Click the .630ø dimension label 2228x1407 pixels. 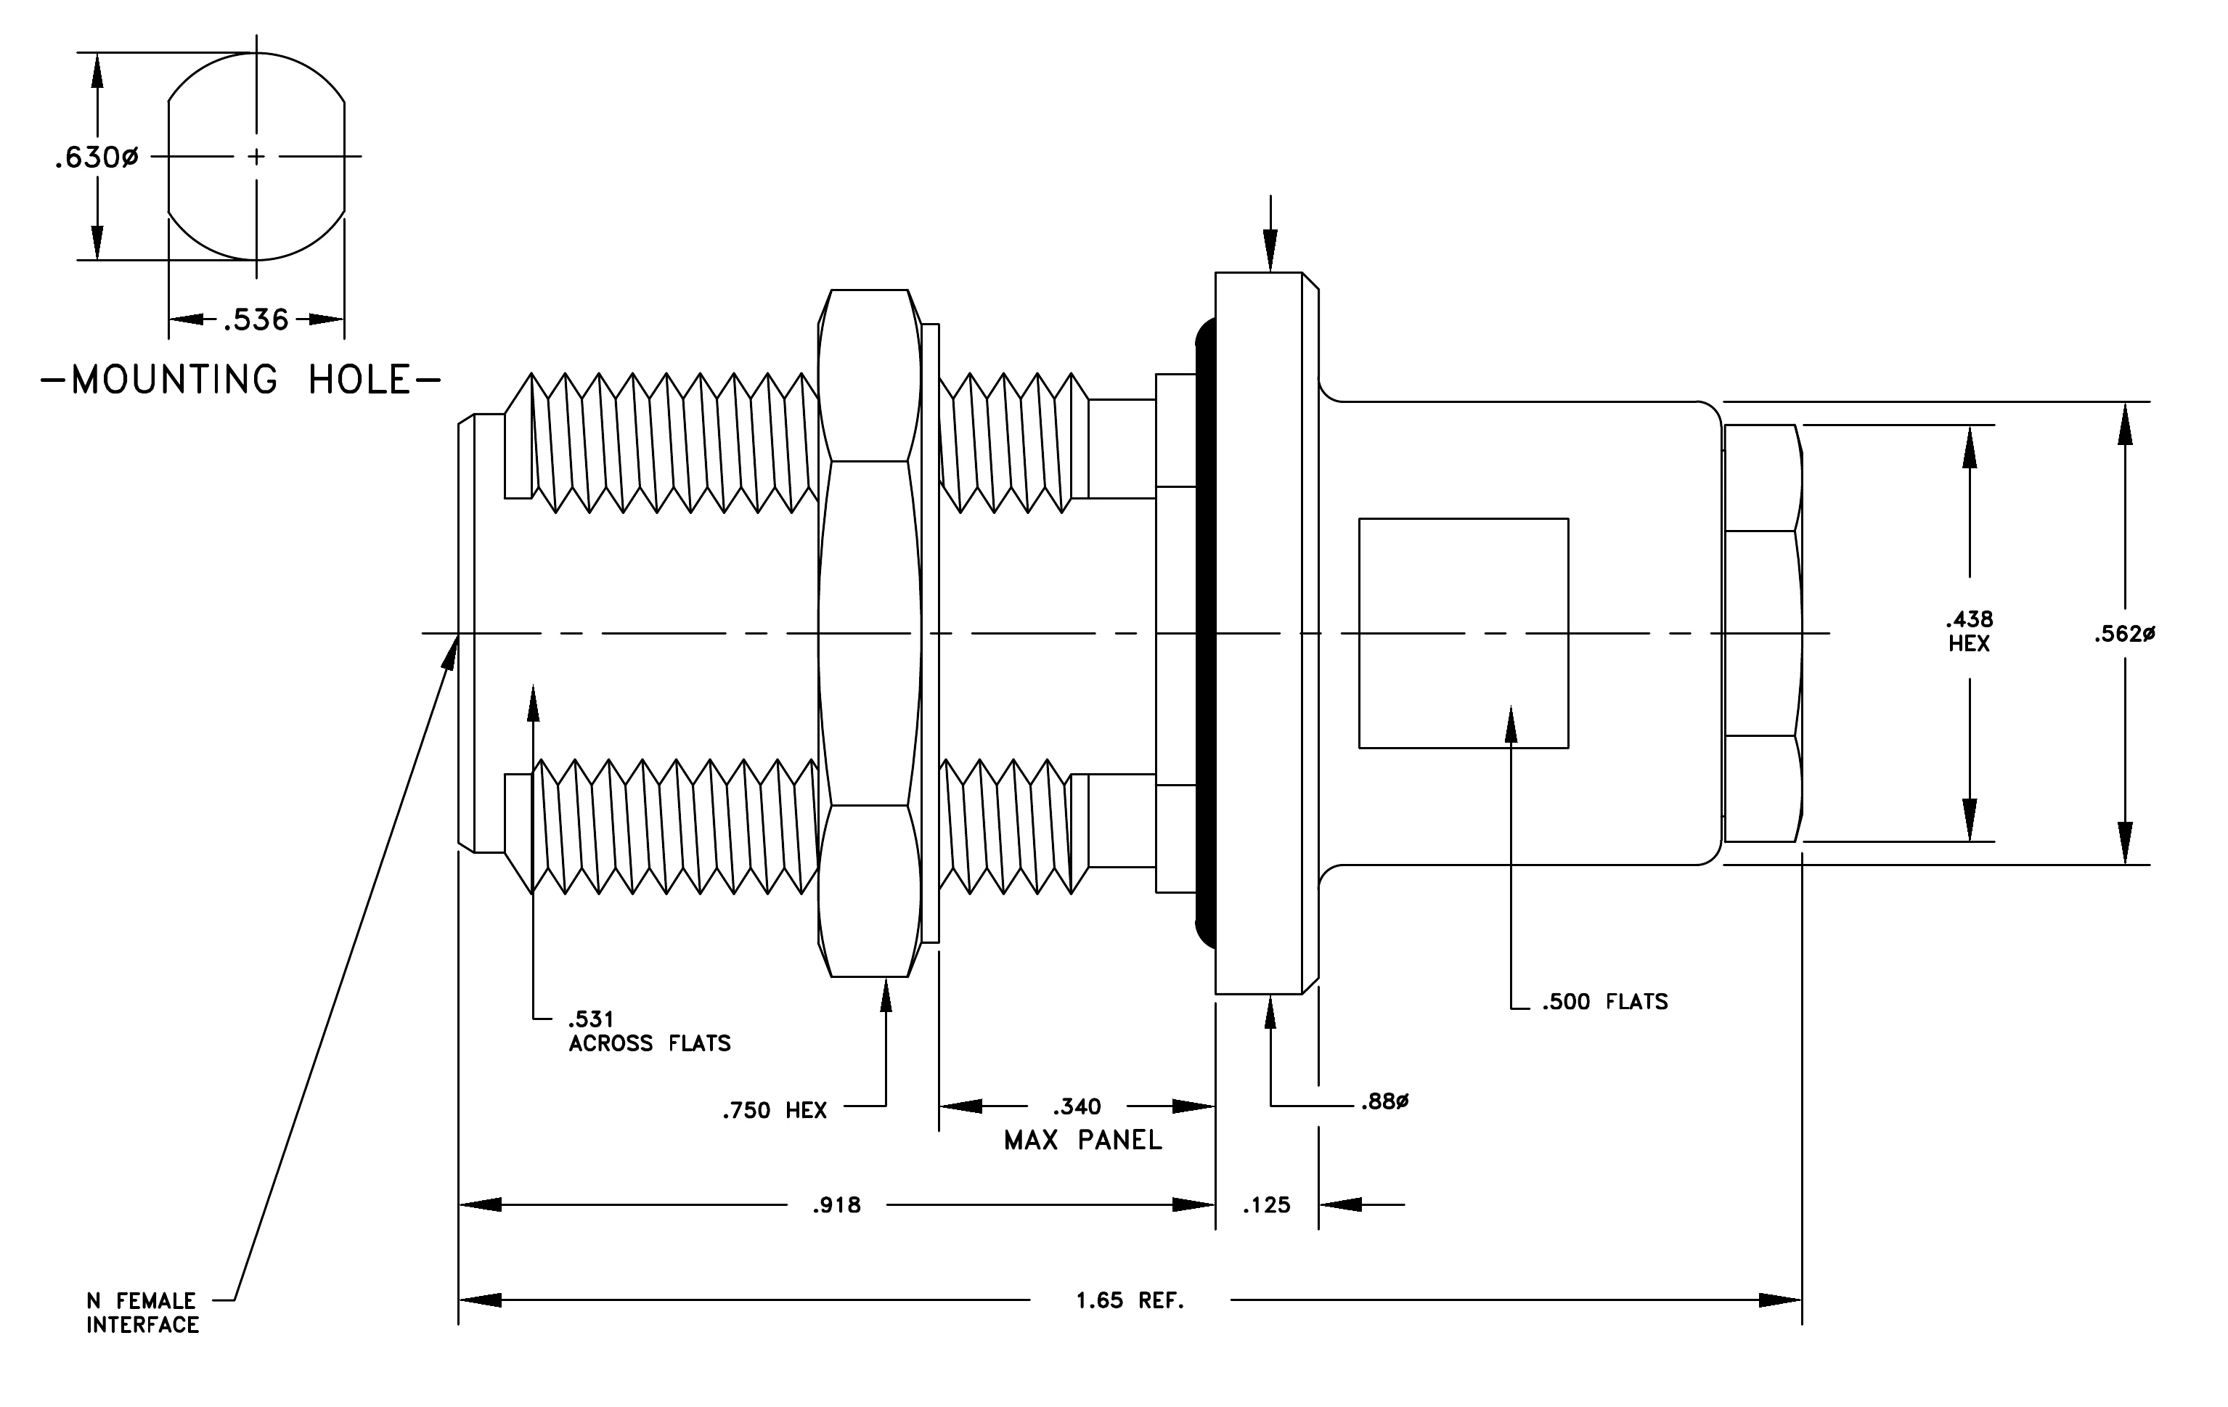pos(97,158)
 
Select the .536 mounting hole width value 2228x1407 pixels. pos(256,320)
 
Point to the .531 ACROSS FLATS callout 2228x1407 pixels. pos(650,1032)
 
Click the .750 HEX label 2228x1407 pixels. pos(775,1110)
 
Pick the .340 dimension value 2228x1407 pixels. pos(1077,1106)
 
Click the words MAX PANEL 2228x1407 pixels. pos(1082,1141)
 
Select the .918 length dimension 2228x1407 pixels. pos(836,1205)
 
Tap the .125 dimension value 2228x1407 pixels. pos(1266,1205)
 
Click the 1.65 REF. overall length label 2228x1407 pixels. pos(1130,1300)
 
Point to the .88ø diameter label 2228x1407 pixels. pos(1384,1102)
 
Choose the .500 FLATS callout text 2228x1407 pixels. pos(1604,1002)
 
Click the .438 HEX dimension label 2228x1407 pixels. pos(1969,631)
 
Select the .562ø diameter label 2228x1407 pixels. pos(2124,635)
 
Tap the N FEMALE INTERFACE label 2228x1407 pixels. pos(142,1313)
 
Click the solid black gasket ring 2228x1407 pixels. pos(1204,634)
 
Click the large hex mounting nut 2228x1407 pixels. pos(870,634)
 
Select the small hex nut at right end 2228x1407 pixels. pos(1763,634)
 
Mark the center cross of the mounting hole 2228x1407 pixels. pos(256,156)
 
